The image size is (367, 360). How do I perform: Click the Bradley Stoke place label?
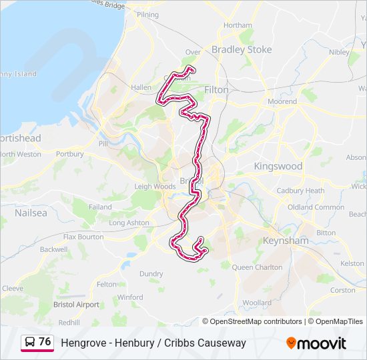[x=241, y=49]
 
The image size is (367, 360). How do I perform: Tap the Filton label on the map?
[x=216, y=89]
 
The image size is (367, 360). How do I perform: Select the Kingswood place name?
[x=278, y=166]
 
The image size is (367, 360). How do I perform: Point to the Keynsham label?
[x=285, y=241]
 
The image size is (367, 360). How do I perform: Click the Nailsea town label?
[x=31, y=213]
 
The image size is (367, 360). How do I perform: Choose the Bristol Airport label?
[x=76, y=305]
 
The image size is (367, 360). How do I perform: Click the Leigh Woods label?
[x=154, y=187]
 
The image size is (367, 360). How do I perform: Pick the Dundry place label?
[x=151, y=273]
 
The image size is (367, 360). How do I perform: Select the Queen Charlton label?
[x=257, y=267]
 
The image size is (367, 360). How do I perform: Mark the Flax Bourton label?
[x=83, y=237]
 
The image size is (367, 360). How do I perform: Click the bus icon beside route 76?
[x=30, y=342]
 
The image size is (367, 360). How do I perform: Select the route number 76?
[x=45, y=341]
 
